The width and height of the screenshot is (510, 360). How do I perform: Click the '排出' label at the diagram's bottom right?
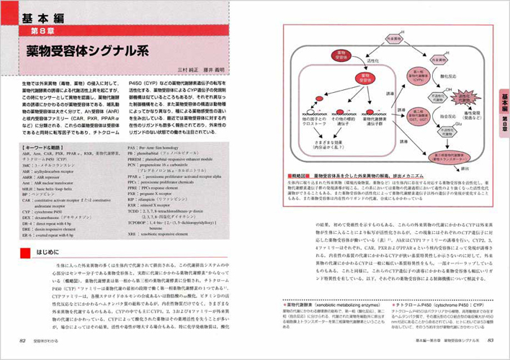(x=467, y=166)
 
